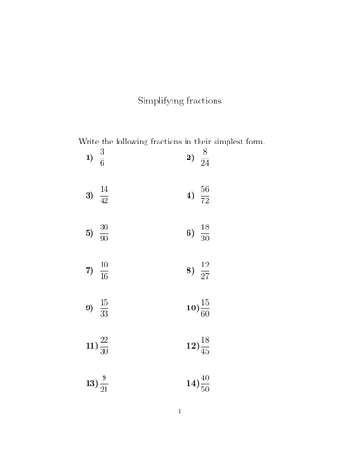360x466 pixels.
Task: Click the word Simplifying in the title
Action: [x=161, y=99]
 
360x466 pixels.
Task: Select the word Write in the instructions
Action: [x=90, y=142]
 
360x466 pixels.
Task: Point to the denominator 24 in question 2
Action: [x=204, y=164]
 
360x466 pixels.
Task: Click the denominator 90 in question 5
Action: [x=104, y=240]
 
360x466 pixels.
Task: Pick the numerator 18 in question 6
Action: [x=204, y=226]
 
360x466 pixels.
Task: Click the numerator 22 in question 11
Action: [x=104, y=339]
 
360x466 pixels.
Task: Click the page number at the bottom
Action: [x=180, y=436]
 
